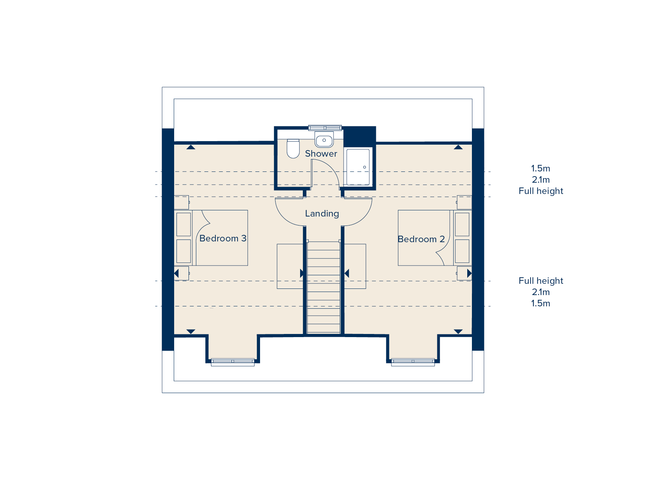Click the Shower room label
pyautogui.click(x=321, y=154)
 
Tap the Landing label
pyautogui.click(x=322, y=213)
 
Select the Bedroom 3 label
pyautogui.click(x=223, y=238)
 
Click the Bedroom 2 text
pyautogui.click(x=421, y=239)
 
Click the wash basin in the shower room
pyautogui.click(x=324, y=140)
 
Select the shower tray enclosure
pyautogui.click(x=358, y=167)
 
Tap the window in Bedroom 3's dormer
pyautogui.click(x=232, y=362)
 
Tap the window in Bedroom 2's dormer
pyautogui.click(x=413, y=362)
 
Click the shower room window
pyautogui.click(x=325, y=128)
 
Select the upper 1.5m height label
pyautogui.click(x=540, y=168)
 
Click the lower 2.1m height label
pyautogui.click(x=540, y=292)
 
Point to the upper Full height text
pyautogui.click(x=540, y=191)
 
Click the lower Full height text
pyautogui.click(x=540, y=281)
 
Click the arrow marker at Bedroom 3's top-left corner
pyautogui.click(x=190, y=147)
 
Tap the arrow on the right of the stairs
pyautogui.click(x=347, y=273)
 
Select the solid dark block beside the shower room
pyautogui.click(x=360, y=135)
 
